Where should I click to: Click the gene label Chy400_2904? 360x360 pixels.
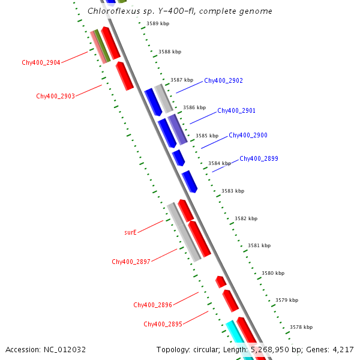[41, 62]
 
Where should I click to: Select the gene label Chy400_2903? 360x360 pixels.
[55, 96]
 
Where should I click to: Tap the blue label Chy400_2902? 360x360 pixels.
[223, 80]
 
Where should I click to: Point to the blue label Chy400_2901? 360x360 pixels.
[236, 111]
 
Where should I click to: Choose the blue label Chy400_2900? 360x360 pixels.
[248, 136]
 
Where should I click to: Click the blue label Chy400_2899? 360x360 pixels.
[259, 159]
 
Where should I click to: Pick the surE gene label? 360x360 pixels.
[130, 232]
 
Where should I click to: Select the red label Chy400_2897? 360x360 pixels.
[131, 262]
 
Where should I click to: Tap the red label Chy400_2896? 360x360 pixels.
[152, 305]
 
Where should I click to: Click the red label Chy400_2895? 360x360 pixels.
[163, 325]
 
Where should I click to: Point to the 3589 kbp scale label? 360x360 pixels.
[158, 24]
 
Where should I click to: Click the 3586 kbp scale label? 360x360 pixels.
[194, 107]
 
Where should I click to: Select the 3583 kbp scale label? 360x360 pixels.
[233, 191]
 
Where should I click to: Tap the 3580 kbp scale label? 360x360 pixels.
[273, 273]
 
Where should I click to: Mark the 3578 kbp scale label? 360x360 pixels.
[301, 327]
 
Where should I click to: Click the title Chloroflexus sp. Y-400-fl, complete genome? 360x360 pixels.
[179, 11]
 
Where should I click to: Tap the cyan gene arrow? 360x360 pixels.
[234, 337]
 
